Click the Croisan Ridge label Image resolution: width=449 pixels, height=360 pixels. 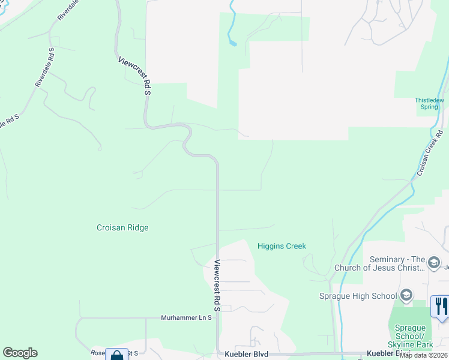click(122, 228)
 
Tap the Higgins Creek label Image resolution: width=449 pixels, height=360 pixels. click(282, 246)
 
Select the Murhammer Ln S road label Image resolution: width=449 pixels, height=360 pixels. click(187, 317)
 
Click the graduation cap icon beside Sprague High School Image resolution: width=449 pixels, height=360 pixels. click(406, 295)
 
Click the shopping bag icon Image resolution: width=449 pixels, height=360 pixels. click(116, 355)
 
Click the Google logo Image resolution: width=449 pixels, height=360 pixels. click(20, 353)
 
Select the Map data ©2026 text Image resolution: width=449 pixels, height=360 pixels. click(424, 355)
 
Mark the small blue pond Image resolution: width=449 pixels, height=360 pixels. click(233, 43)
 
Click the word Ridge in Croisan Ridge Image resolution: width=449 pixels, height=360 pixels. click(138, 228)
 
